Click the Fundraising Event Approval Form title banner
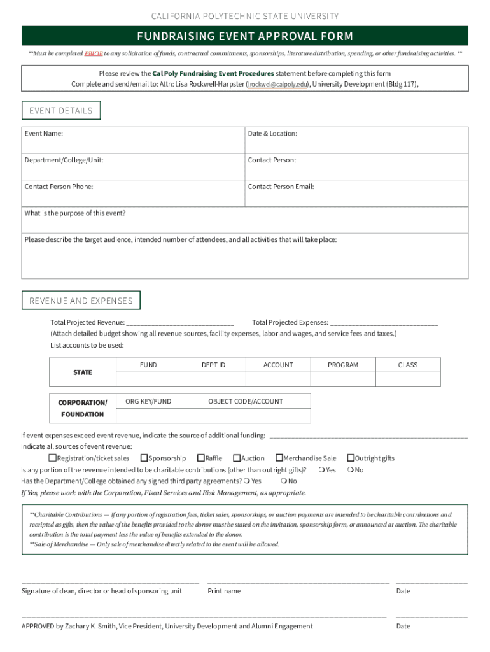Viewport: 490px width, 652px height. [x=245, y=36]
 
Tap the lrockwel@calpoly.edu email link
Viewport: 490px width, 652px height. [x=279, y=84]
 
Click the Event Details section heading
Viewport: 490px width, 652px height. [x=61, y=111]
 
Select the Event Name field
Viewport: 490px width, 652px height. [x=133, y=140]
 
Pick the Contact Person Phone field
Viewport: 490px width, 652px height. [x=133, y=194]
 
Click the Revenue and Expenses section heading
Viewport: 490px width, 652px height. [x=81, y=301]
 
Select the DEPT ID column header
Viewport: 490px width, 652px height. [x=213, y=365]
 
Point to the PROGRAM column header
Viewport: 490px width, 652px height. [x=343, y=365]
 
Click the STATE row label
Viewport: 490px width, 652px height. [x=83, y=372]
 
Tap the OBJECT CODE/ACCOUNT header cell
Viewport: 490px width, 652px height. [x=246, y=401]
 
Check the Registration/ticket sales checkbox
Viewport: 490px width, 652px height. [x=53, y=458]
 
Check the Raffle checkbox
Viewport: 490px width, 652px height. [x=201, y=458]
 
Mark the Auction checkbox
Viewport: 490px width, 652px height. [x=237, y=458]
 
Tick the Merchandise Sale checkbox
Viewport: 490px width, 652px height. [x=279, y=458]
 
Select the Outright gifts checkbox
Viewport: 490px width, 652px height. [x=350, y=458]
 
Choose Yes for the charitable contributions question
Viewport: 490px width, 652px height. [x=322, y=470]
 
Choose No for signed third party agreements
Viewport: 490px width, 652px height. [x=284, y=481]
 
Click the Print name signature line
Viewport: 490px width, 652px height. [x=298, y=581]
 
